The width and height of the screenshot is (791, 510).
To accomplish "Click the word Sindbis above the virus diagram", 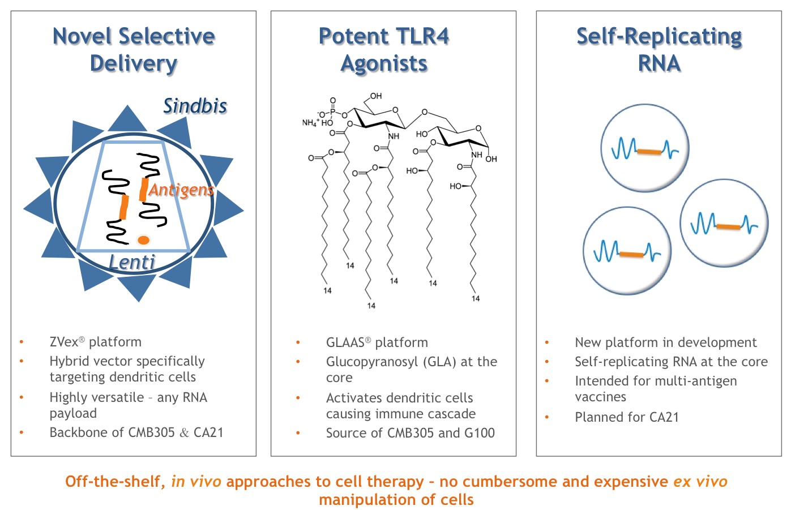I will point(195,106).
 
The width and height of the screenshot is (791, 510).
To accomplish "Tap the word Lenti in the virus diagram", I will point(132,262).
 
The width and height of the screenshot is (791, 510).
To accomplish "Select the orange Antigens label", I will point(181,190).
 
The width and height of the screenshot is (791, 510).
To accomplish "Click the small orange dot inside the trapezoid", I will point(143,240).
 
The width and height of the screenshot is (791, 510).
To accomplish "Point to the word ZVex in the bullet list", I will point(64,342).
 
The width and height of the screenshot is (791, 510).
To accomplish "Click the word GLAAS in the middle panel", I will point(345,342).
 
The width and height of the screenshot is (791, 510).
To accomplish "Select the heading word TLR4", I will point(422,36).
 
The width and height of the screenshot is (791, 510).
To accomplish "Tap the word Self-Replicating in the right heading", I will point(659,36).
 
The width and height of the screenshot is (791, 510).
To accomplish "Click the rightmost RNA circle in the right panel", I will point(724,224).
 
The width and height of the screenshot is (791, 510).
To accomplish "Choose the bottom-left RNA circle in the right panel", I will point(627,251).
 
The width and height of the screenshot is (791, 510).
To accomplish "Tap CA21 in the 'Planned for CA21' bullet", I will point(664,417).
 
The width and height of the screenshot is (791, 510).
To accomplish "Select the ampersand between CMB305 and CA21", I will point(184,433).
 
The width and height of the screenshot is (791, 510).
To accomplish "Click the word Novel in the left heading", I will point(82,36).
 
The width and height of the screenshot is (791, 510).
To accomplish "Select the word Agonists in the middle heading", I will point(384,63).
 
